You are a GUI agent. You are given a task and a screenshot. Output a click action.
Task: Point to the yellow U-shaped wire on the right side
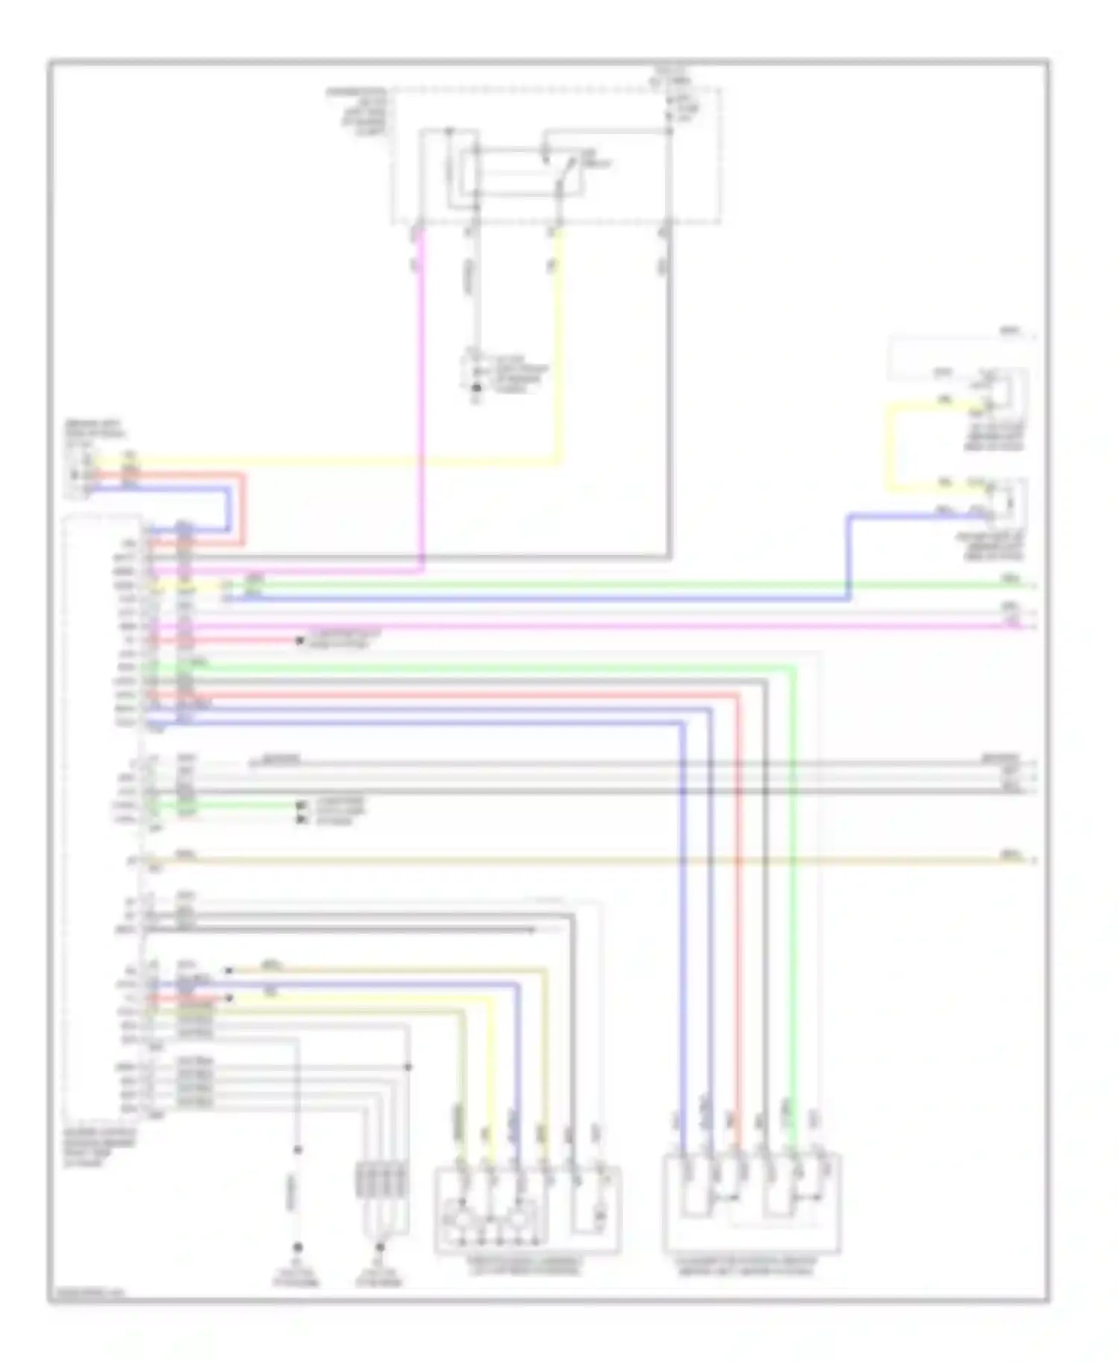(888, 447)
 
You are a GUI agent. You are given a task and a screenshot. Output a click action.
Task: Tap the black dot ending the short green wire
(301, 806)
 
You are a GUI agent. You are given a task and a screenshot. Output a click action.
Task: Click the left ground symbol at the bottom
(297, 1247)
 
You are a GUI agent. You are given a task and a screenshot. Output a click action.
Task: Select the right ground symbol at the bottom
(380, 1247)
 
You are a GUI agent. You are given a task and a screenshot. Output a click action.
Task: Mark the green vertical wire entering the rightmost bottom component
(793, 895)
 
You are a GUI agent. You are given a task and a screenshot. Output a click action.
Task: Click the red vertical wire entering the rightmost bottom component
(739, 895)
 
